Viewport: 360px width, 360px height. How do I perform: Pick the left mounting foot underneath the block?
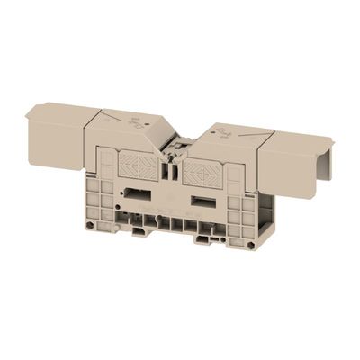pyautogui.click(x=139, y=230)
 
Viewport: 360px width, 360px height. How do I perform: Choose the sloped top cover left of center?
pyautogui.click(x=126, y=130)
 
